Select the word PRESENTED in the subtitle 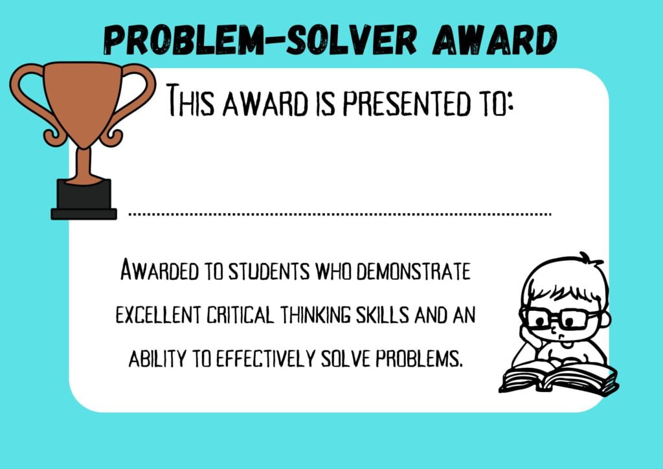(x=399, y=104)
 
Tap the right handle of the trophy (x=137, y=97)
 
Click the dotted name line (x=340, y=213)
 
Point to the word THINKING (x=317, y=315)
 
